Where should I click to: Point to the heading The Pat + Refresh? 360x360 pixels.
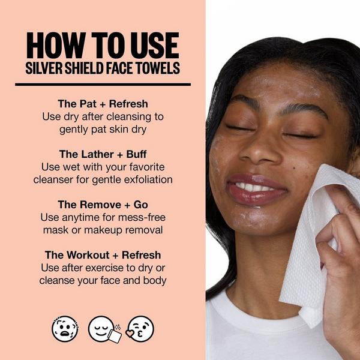coord(103,103)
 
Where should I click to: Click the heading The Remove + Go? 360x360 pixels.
coord(103,204)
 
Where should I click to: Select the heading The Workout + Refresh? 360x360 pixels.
coord(103,255)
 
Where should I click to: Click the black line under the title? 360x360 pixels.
coord(103,85)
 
